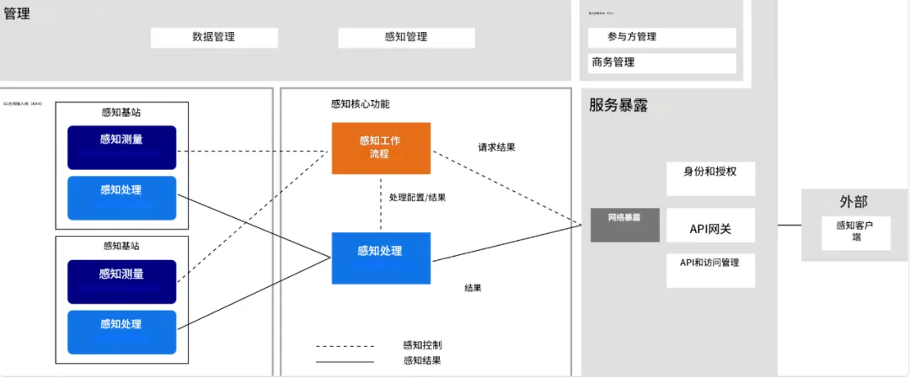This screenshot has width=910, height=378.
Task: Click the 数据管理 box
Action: tap(213, 37)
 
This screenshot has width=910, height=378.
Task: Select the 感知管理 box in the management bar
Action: tap(406, 37)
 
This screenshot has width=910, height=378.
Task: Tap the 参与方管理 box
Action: tap(661, 37)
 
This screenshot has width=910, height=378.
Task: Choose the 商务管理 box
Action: tap(661, 62)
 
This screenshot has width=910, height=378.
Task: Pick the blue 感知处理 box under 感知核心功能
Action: tap(380, 257)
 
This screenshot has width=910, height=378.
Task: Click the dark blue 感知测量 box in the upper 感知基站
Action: tap(121, 147)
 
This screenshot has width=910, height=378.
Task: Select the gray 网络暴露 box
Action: tap(624, 224)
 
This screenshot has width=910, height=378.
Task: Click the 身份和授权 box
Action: tap(710, 178)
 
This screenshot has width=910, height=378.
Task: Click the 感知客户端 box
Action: tap(854, 232)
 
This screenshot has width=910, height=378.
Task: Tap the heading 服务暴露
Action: tap(618, 105)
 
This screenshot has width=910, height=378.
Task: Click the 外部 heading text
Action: tap(854, 202)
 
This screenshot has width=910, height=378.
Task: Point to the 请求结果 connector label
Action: tap(496, 147)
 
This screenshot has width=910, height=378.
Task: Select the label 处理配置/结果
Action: tap(417, 198)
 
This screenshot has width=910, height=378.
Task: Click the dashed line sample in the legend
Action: tap(345, 346)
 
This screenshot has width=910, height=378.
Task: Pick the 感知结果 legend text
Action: tap(422, 360)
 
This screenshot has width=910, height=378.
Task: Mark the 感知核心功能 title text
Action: tap(360, 104)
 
